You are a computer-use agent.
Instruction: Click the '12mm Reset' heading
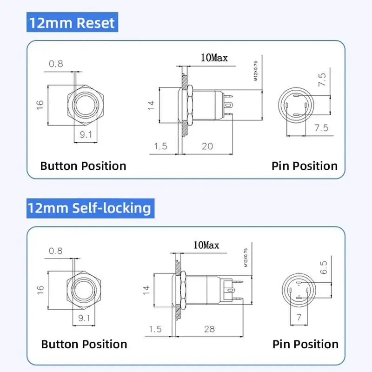click(x=71, y=23)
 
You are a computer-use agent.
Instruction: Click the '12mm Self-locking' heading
click(x=90, y=207)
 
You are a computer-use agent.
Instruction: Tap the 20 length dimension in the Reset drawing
click(x=207, y=146)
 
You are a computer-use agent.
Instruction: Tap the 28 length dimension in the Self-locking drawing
click(x=210, y=329)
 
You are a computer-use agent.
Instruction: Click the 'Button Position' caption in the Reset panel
click(x=83, y=166)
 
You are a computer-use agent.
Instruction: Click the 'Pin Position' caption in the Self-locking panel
click(x=306, y=344)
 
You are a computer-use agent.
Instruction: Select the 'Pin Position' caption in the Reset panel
click(x=305, y=166)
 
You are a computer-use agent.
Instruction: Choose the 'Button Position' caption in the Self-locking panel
click(x=84, y=344)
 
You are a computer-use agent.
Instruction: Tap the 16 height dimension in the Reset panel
click(x=40, y=103)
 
